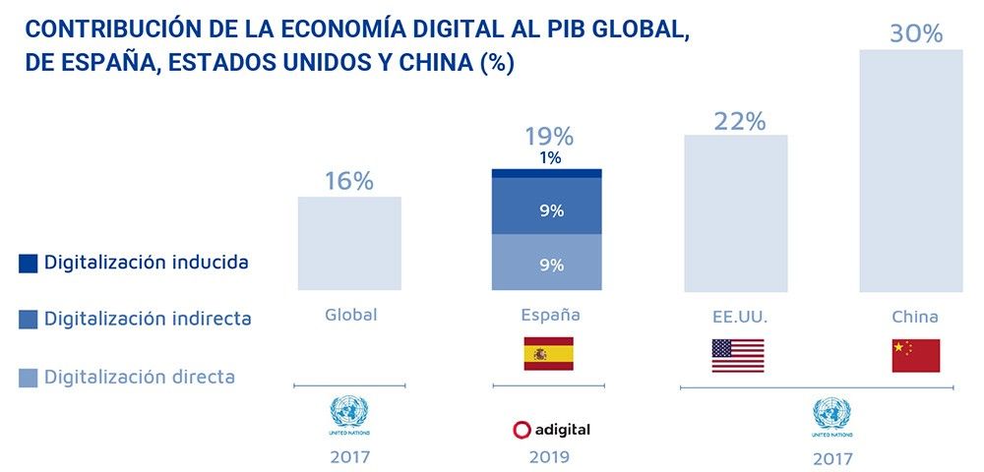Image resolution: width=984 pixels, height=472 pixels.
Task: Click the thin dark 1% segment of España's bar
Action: pyautogui.click(x=546, y=173)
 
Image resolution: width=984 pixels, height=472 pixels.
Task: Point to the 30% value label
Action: pyautogui.click(x=915, y=33)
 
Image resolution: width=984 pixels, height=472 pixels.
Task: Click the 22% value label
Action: pyautogui.click(x=739, y=121)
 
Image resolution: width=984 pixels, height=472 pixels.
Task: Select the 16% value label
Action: pyautogui.click(x=349, y=181)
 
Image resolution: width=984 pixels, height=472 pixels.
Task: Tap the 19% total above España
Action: pyautogui.click(x=549, y=137)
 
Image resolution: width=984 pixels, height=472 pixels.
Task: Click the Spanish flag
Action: pyautogui.click(x=548, y=353)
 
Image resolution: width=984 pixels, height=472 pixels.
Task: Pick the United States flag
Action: pyautogui.click(x=737, y=355)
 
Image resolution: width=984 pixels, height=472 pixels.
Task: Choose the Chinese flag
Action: pyautogui.click(x=915, y=355)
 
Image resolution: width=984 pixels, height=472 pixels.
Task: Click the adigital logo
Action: pyautogui.click(x=551, y=430)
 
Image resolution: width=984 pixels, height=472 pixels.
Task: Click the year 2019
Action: pyautogui.click(x=549, y=456)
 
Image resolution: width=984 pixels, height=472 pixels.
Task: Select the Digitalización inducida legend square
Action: pyautogui.click(x=28, y=263)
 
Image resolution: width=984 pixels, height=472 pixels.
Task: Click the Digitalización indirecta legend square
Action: pyautogui.click(x=28, y=319)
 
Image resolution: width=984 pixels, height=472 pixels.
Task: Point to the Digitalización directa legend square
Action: pyautogui.click(x=28, y=376)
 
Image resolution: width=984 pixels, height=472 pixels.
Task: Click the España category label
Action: pyautogui.click(x=550, y=316)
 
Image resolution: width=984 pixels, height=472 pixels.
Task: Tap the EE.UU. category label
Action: pyautogui.click(x=738, y=318)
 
